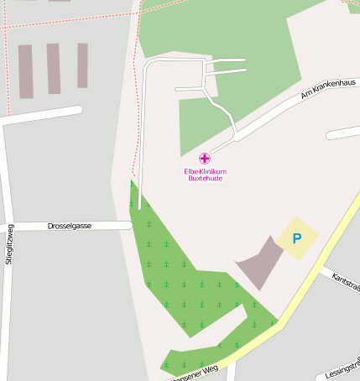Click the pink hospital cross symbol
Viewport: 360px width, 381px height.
click(204, 158)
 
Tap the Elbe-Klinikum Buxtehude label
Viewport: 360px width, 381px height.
click(206, 175)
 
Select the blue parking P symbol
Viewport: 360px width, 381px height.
click(296, 238)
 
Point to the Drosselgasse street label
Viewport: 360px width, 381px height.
click(70, 226)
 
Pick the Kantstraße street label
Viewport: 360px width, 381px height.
click(346, 281)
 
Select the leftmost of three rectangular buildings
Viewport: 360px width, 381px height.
click(26, 71)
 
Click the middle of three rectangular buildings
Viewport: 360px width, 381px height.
click(54, 69)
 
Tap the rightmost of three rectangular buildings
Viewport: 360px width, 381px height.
click(82, 65)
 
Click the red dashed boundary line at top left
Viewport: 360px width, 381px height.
click(67, 19)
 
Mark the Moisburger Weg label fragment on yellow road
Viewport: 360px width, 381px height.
click(195, 371)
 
